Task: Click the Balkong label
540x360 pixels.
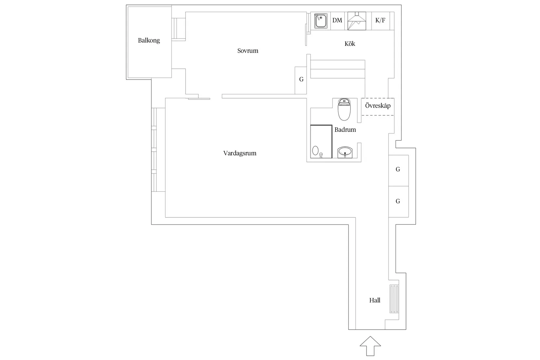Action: point(149,41)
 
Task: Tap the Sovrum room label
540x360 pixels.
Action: point(248,51)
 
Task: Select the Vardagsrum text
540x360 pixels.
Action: point(240,153)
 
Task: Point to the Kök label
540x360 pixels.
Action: point(350,44)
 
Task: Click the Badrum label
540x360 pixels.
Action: point(345,130)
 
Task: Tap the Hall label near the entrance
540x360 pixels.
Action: point(375,300)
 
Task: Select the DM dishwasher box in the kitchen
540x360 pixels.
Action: point(337,21)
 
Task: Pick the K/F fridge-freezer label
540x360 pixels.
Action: point(380,21)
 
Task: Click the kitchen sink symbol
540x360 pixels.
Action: point(321,21)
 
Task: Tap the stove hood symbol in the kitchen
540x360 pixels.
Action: point(357,21)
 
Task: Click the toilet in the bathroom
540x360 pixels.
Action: point(344,109)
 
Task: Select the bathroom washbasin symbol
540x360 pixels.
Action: point(345,152)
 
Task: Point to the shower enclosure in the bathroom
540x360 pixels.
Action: point(321,141)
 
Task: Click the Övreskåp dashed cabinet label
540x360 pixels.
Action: point(378,106)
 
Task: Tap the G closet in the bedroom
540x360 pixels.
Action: point(301,80)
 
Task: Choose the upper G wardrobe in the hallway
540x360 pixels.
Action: point(398,170)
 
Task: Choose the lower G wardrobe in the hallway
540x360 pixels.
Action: point(398,201)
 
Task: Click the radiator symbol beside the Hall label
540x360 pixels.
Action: point(394,299)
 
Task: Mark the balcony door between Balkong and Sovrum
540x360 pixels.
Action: point(179,29)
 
